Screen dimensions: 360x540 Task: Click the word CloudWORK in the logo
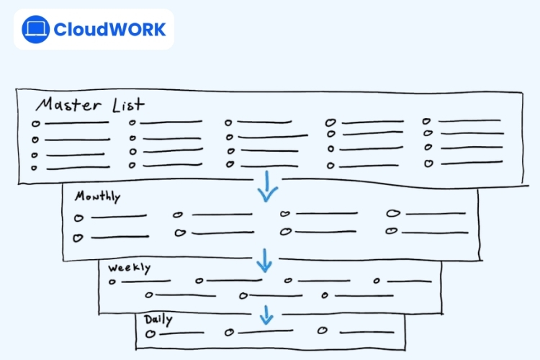click(x=109, y=30)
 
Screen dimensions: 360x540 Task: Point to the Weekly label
click(x=130, y=268)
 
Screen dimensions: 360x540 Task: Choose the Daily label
click(x=158, y=320)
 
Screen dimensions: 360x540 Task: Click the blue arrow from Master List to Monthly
click(x=268, y=187)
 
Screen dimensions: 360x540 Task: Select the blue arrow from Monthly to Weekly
click(x=265, y=260)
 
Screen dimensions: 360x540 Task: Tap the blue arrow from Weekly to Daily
click(x=266, y=314)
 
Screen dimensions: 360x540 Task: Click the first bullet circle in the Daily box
click(x=150, y=334)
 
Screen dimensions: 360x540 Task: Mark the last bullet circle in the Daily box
click(x=323, y=331)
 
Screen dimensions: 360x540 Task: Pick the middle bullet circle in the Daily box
click(x=229, y=332)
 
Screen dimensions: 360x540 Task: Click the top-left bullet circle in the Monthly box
click(x=78, y=217)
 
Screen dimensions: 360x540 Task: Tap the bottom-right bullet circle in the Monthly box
click(x=391, y=231)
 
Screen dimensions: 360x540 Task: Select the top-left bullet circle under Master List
click(x=35, y=124)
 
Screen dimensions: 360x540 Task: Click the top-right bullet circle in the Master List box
click(x=426, y=122)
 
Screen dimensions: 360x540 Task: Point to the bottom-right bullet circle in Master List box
click(x=428, y=163)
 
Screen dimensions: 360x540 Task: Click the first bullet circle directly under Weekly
click(x=112, y=282)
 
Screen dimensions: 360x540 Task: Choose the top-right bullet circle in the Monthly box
click(x=392, y=213)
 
